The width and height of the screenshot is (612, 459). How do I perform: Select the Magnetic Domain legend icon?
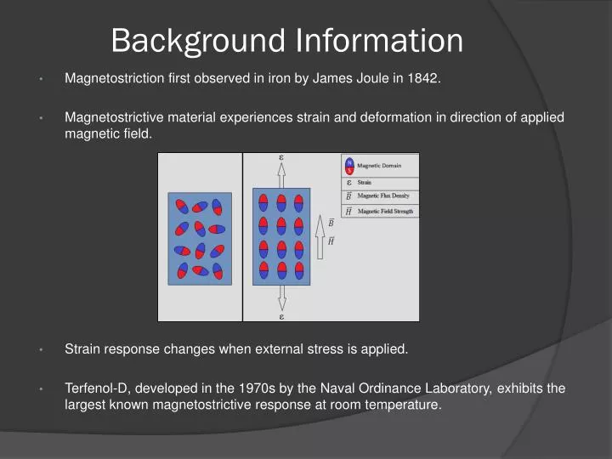[x=349, y=167]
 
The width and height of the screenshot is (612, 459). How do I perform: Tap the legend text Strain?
[x=364, y=182]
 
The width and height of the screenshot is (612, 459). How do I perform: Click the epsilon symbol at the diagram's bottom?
[x=281, y=316]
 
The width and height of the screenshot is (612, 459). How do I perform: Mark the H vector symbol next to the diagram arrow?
[x=331, y=241]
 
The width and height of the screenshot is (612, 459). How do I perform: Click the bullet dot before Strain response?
[x=41, y=349]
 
